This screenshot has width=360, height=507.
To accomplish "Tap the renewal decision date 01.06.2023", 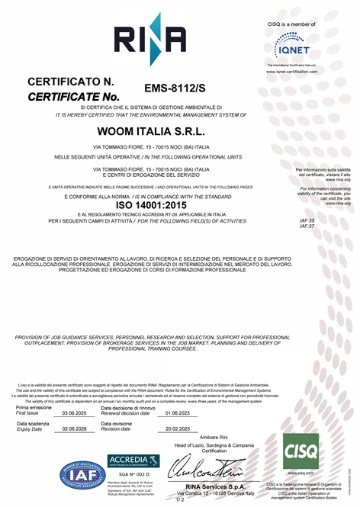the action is click(176, 412).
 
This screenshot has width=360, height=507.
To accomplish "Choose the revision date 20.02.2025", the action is click(176, 429).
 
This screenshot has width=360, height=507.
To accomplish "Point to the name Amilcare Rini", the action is click(214, 438).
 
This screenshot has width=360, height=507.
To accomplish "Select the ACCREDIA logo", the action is click(133, 460).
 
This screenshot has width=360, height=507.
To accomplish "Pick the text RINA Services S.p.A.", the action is click(215, 486).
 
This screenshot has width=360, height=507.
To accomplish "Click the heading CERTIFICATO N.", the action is click(70, 82).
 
